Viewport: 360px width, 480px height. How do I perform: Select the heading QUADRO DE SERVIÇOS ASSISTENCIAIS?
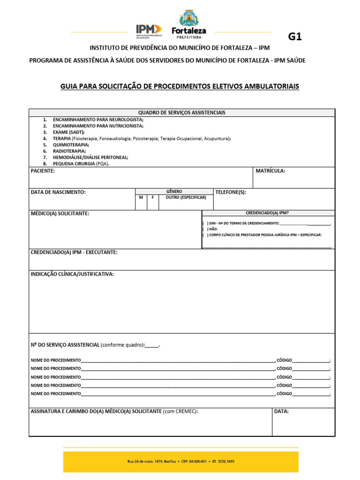point(182,112)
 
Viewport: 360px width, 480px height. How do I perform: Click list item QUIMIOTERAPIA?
point(70,145)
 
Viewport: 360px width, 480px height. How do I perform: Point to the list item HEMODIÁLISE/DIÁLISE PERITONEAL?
point(90,157)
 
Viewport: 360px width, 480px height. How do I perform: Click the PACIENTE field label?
point(43,171)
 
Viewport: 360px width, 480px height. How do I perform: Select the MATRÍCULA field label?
point(270,171)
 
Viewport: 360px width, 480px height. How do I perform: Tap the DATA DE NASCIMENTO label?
point(58,192)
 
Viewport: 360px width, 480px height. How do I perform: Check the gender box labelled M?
point(141,198)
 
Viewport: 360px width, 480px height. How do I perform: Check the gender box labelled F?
point(152,198)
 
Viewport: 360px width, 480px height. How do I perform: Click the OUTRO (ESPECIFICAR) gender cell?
point(186,198)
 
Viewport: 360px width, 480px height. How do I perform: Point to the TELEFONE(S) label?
point(230,192)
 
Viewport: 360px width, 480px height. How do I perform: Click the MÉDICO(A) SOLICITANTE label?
point(60,213)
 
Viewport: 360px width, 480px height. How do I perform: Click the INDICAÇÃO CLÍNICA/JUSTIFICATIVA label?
point(72,274)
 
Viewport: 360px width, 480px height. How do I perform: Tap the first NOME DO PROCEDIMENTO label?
point(55,360)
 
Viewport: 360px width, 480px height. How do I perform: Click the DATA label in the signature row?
point(281,411)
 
